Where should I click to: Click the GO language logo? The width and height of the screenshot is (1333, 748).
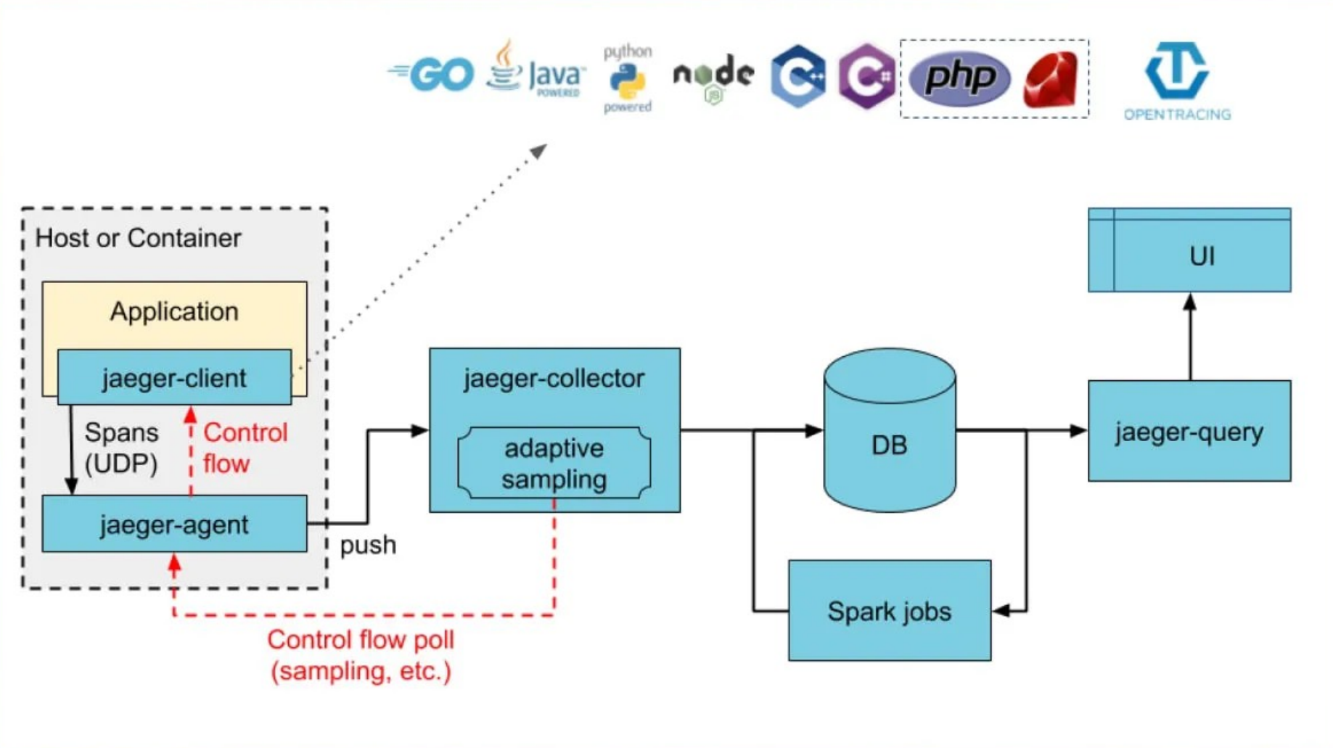pyautogui.click(x=434, y=75)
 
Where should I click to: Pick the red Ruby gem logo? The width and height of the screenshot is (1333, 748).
pyautogui.click(x=1051, y=79)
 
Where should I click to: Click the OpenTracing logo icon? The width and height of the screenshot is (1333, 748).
pyautogui.click(x=1176, y=70)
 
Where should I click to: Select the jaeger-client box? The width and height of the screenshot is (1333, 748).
pyautogui.click(x=174, y=378)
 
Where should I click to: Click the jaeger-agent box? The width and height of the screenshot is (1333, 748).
pyautogui.click(x=174, y=524)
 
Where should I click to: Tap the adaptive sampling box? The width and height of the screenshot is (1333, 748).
pyautogui.click(x=554, y=464)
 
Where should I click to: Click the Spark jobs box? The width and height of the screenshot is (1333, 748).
pyautogui.click(x=890, y=611)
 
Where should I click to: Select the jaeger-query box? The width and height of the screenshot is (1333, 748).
pyautogui.click(x=1189, y=431)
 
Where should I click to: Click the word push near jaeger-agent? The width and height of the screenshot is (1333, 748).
pyautogui.click(x=368, y=545)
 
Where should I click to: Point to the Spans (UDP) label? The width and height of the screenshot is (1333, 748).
pyautogui.click(x=121, y=448)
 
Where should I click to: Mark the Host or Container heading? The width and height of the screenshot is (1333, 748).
pyautogui.click(x=138, y=238)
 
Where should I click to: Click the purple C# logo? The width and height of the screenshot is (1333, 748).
pyautogui.click(x=866, y=76)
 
